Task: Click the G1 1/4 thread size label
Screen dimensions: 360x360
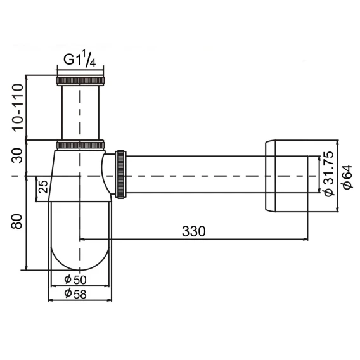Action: (79, 59)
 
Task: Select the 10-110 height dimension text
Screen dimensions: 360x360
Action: (18, 108)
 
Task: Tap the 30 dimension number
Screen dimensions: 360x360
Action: (18, 155)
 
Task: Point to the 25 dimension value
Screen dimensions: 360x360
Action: (43, 186)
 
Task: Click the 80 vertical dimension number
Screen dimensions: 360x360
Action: (17, 222)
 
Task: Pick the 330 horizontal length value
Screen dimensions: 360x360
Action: (194, 231)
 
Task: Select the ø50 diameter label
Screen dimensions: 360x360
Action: (75, 280)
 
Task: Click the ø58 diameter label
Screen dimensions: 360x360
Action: (75, 293)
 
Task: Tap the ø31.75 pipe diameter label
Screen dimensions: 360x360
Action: (328, 174)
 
